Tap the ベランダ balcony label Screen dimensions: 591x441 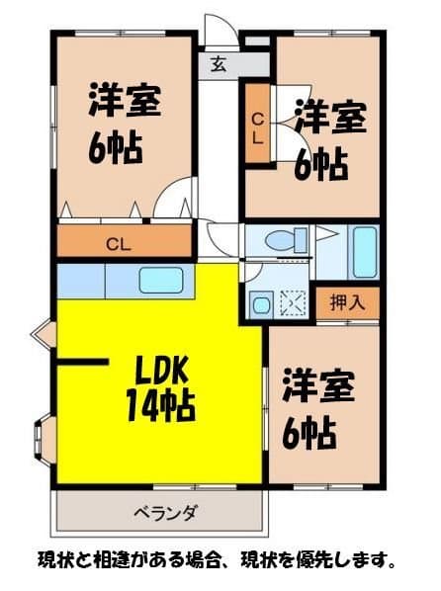point(164,512)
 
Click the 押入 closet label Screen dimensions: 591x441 point(346,303)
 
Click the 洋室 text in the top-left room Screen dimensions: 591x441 point(125,102)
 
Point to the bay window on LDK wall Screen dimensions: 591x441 point(42,440)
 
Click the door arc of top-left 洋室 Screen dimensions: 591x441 point(172,202)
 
